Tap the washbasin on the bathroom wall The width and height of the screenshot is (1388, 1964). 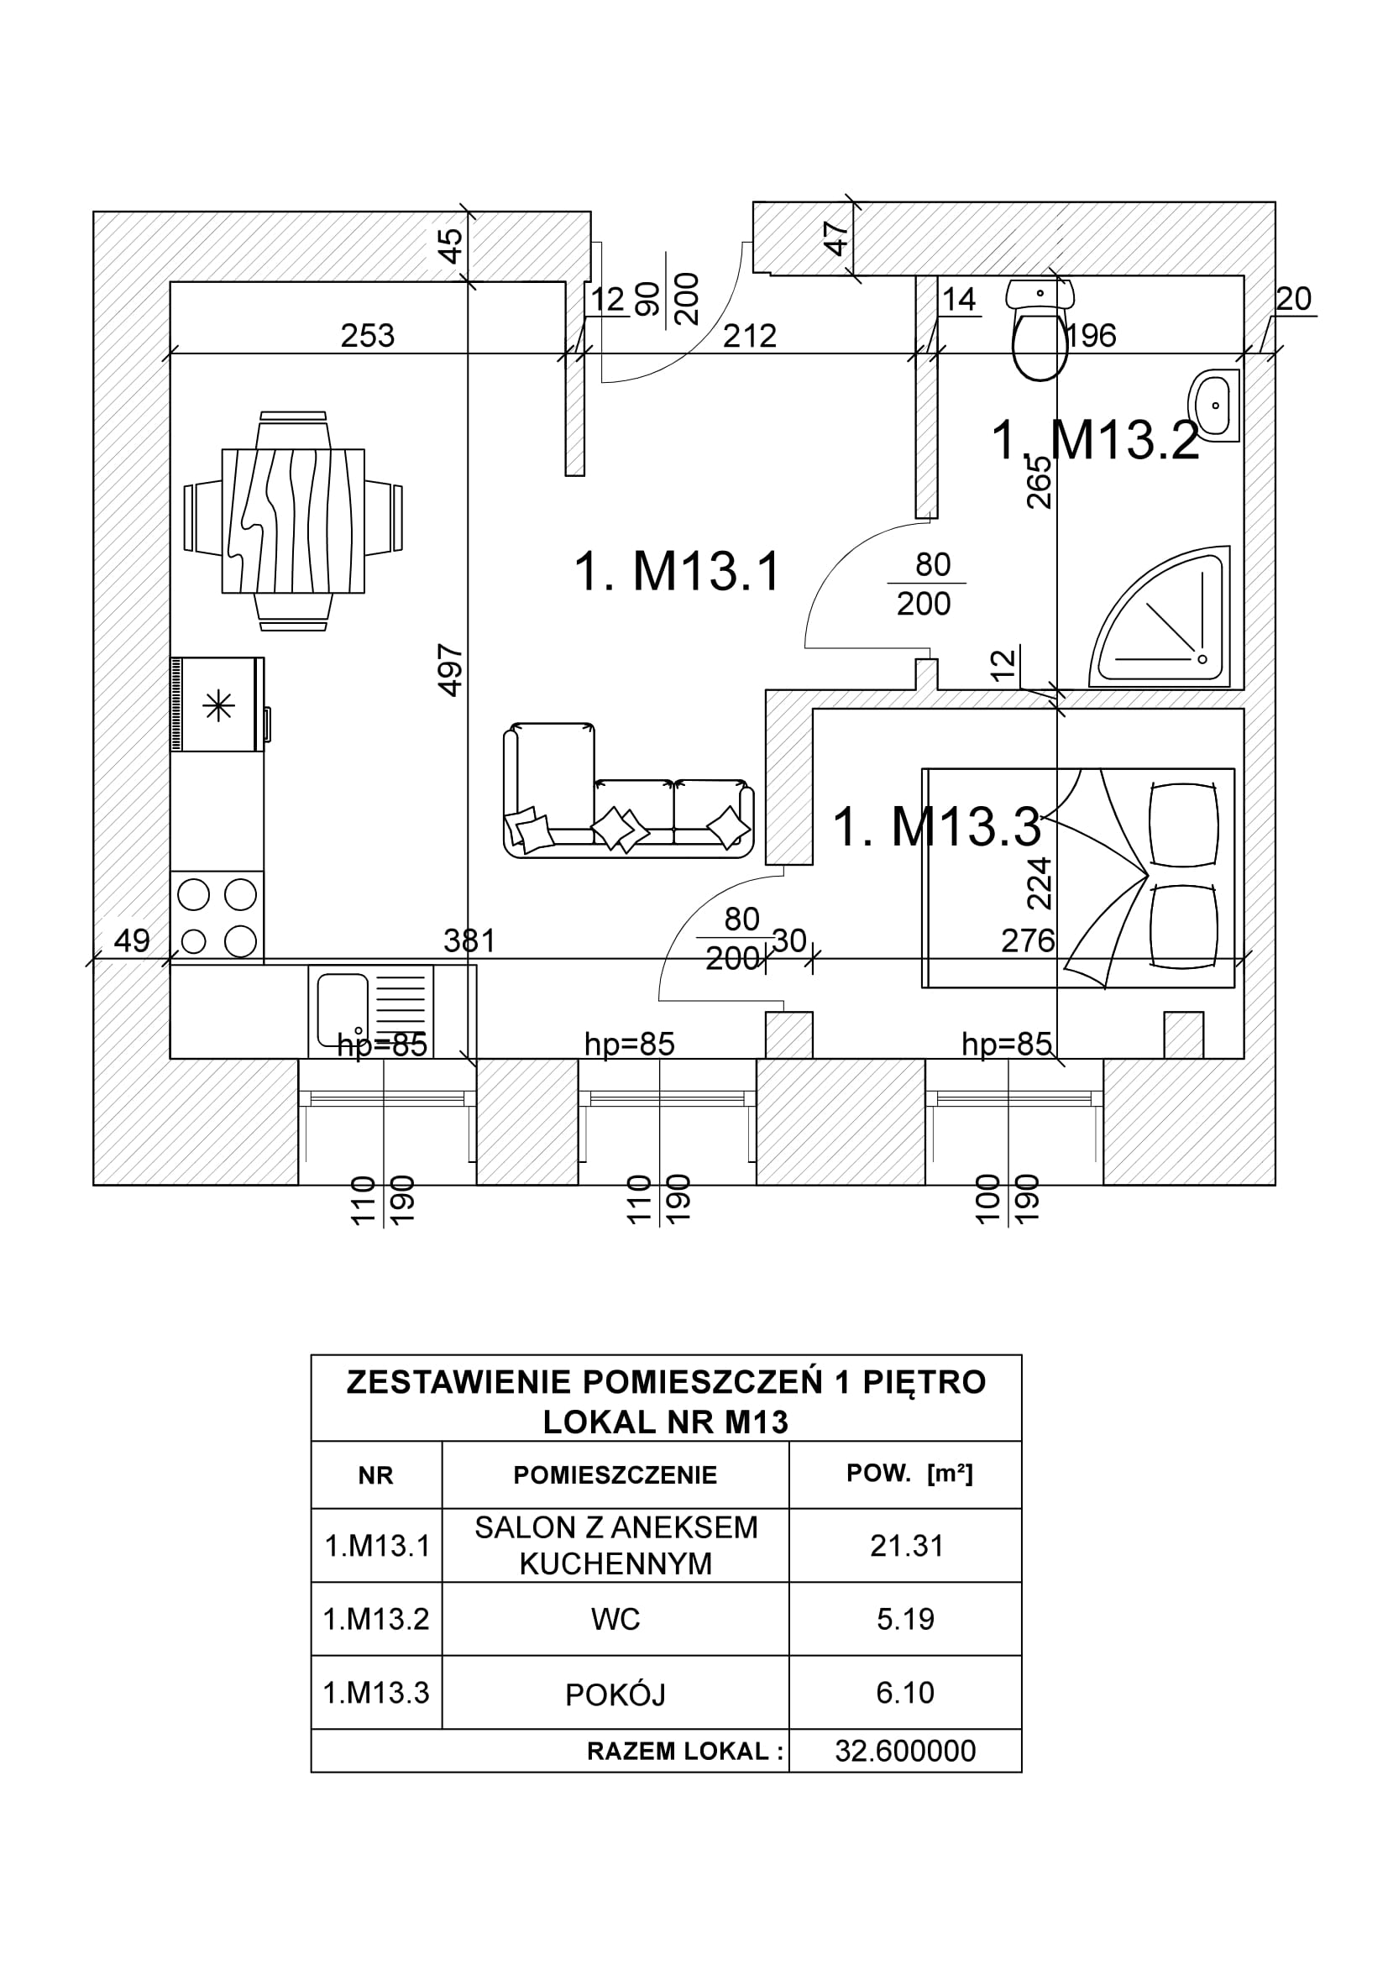[1213, 406]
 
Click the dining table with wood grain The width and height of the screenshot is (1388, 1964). [292, 521]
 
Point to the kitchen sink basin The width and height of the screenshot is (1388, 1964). [343, 1009]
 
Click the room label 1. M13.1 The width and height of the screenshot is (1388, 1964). [677, 572]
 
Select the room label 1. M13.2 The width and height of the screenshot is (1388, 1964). [1096, 441]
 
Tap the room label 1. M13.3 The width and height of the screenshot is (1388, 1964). [936, 827]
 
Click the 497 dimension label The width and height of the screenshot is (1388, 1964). [451, 672]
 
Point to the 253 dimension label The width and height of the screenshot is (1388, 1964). [368, 336]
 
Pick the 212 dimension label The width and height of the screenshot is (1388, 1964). [749, 336]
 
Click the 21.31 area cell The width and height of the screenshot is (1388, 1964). [906, 1546]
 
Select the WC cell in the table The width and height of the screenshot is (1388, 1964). [615, 1619]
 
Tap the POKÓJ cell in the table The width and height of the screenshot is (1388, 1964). [615, 1694]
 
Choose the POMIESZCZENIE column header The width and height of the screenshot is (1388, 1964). [615, 1475]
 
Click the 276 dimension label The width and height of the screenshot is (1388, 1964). [1027, 941]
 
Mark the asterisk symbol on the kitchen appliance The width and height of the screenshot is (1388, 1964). [218, 706]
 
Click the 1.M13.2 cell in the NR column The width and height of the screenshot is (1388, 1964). [376, 1619]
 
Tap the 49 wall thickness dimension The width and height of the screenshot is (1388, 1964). [132, 941]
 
